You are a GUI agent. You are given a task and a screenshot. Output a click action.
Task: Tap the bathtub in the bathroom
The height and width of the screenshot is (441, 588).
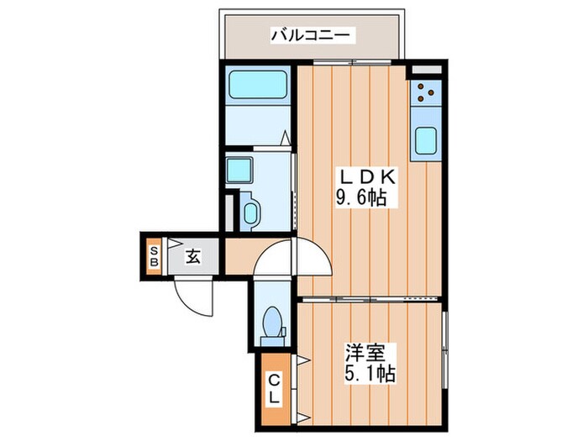[258, 85]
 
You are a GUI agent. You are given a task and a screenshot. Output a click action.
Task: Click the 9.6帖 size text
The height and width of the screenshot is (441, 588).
[361, 200]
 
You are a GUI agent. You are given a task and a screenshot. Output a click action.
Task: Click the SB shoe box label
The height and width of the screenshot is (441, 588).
[155, 254]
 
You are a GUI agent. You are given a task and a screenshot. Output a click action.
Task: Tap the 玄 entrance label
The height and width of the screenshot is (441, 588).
[192, 256]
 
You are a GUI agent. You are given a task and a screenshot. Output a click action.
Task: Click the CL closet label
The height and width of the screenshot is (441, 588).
[276, 388]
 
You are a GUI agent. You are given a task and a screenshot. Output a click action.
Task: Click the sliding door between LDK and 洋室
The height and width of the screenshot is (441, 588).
[370, 298]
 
